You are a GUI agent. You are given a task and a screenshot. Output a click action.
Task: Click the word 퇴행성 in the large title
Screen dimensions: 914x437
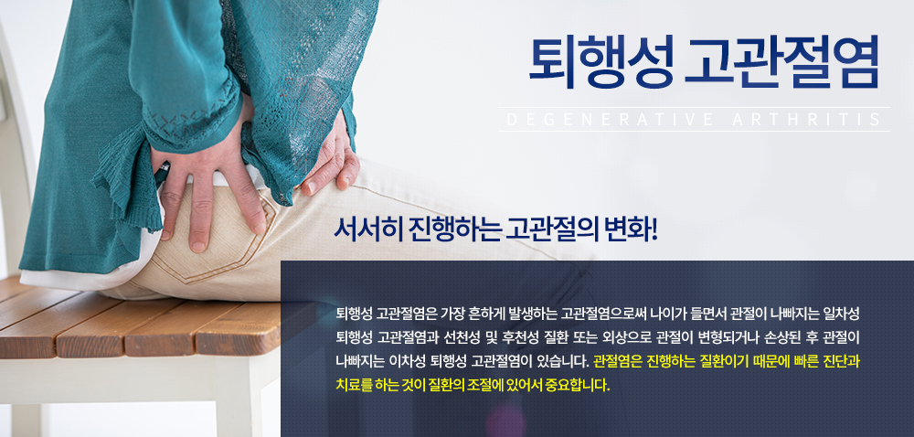[x=601, y=62]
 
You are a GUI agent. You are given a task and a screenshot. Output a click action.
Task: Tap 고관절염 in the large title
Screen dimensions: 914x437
[x=781, y=62]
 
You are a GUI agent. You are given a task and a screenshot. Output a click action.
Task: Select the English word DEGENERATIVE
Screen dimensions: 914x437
[x=610, y=120]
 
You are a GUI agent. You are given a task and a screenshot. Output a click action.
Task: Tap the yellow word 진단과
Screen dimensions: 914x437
[x=842, y=362]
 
